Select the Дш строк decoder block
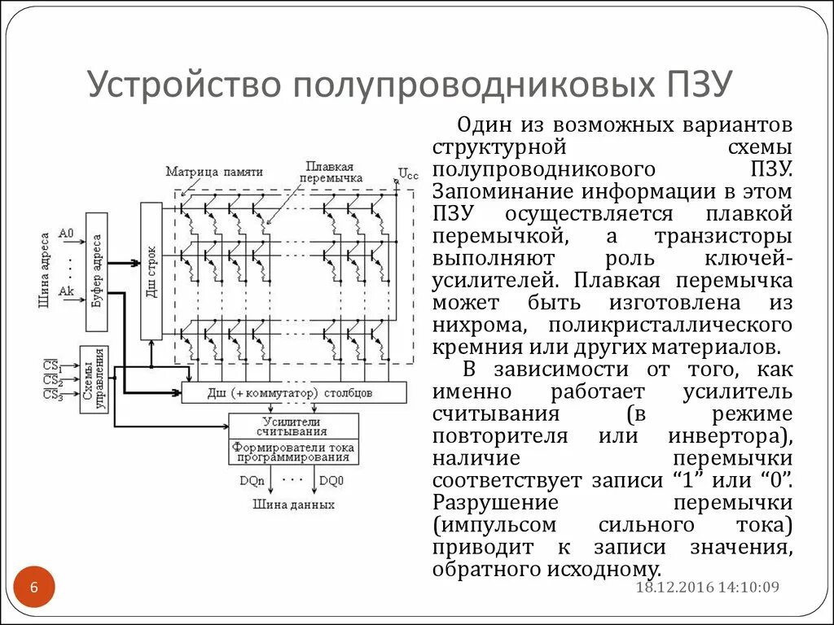pos(151,271)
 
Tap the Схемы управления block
pos(94,379)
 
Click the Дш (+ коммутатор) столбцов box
pos(293,393)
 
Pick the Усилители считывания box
pos(293,426)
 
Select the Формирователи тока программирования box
pos(293,452)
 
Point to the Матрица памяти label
pos(214,172)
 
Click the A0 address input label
pos(66,233)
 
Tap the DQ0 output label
pos(331,481)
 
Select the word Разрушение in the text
pos(495,501)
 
